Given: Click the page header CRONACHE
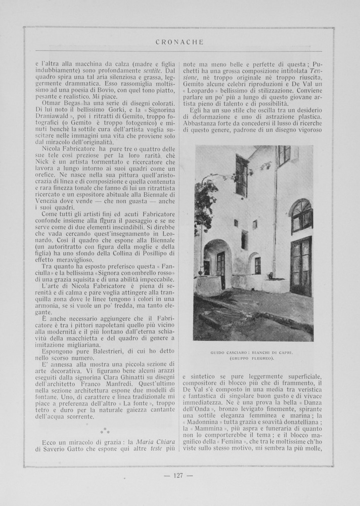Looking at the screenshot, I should (179, 43).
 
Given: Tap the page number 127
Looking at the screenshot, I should (180, 475).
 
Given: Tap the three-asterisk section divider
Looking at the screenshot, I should (105, 431).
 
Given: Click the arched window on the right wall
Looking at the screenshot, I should (301, 215).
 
